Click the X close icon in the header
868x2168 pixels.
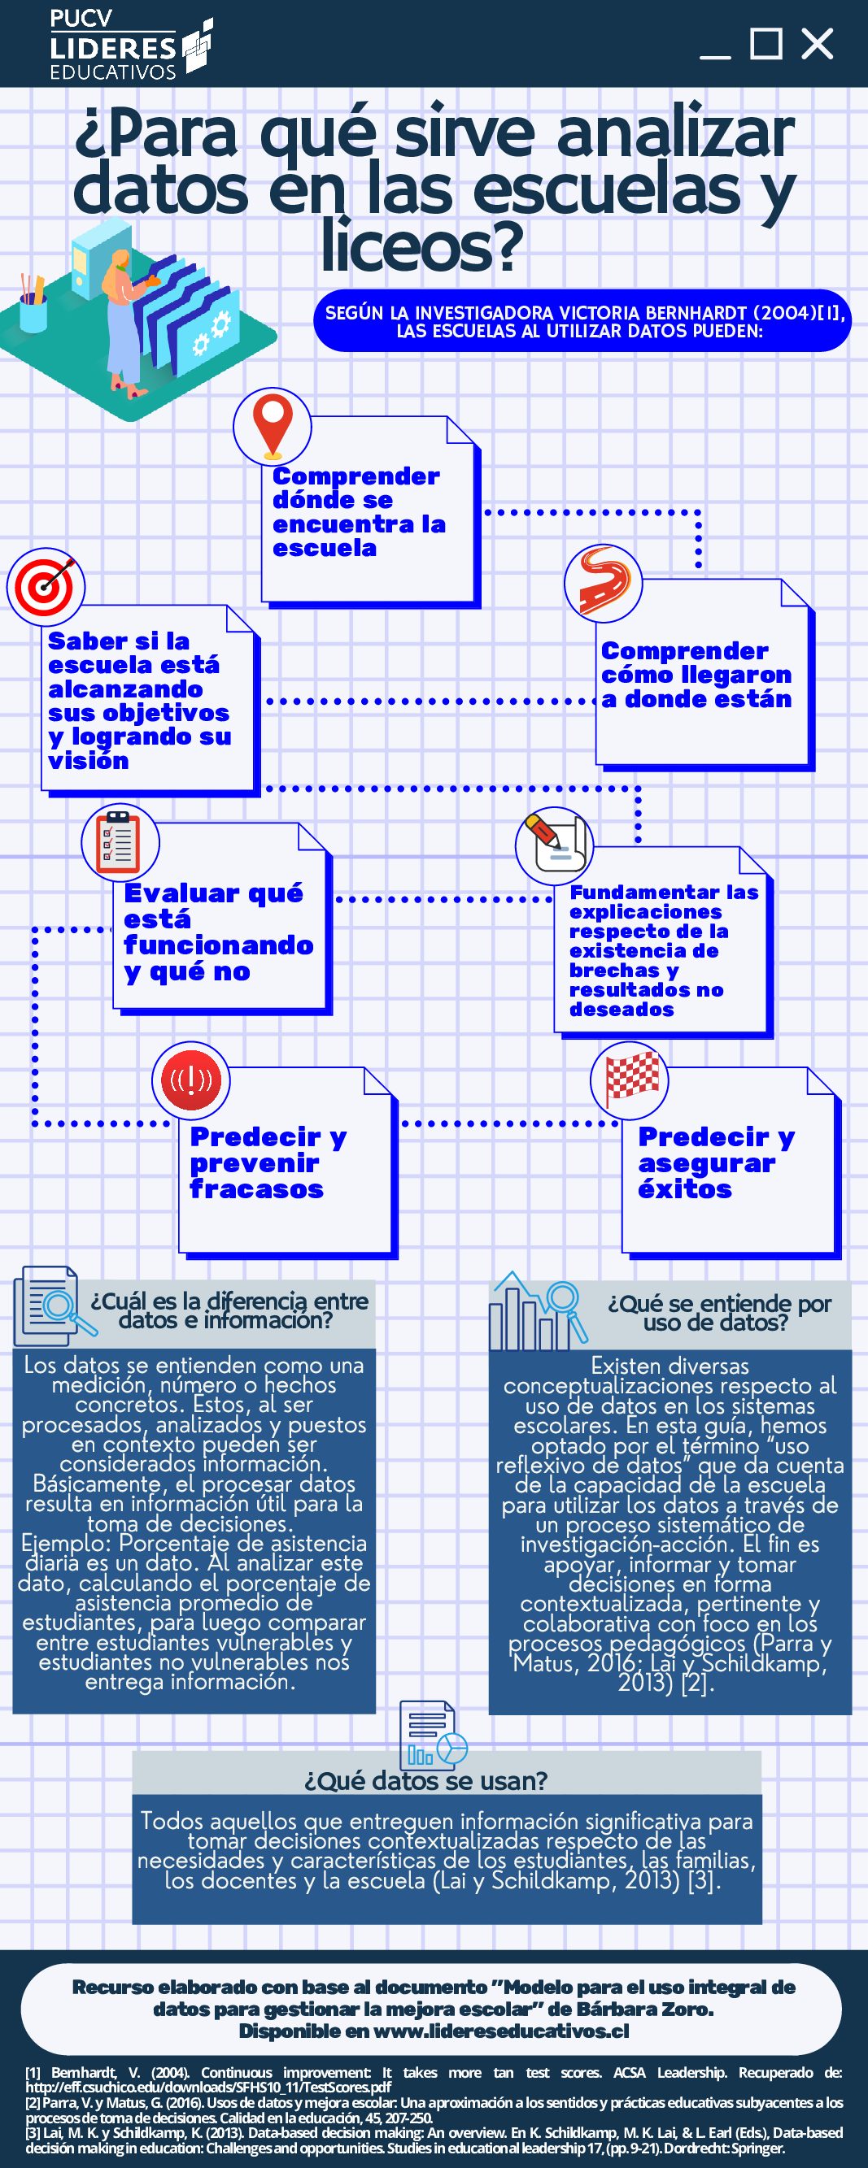pos(817,44)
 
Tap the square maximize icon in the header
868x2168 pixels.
pos(766,43)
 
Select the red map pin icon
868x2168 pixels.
pos(272,427)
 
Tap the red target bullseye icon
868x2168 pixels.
pos(46,586)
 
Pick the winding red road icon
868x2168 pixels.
pos(603,583)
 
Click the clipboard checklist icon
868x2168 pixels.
pos(120,842)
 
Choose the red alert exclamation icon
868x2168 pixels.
pos(191,1080)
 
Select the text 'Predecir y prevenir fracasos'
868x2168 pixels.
pos(268,1162)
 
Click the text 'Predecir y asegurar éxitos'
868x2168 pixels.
pos(717,1162)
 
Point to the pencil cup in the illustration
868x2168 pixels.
pos(33,303)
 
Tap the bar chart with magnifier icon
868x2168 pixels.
pos(538,1310)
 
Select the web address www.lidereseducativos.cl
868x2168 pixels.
pos(501,2030)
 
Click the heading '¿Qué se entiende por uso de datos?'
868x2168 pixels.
pos(719,1312)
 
